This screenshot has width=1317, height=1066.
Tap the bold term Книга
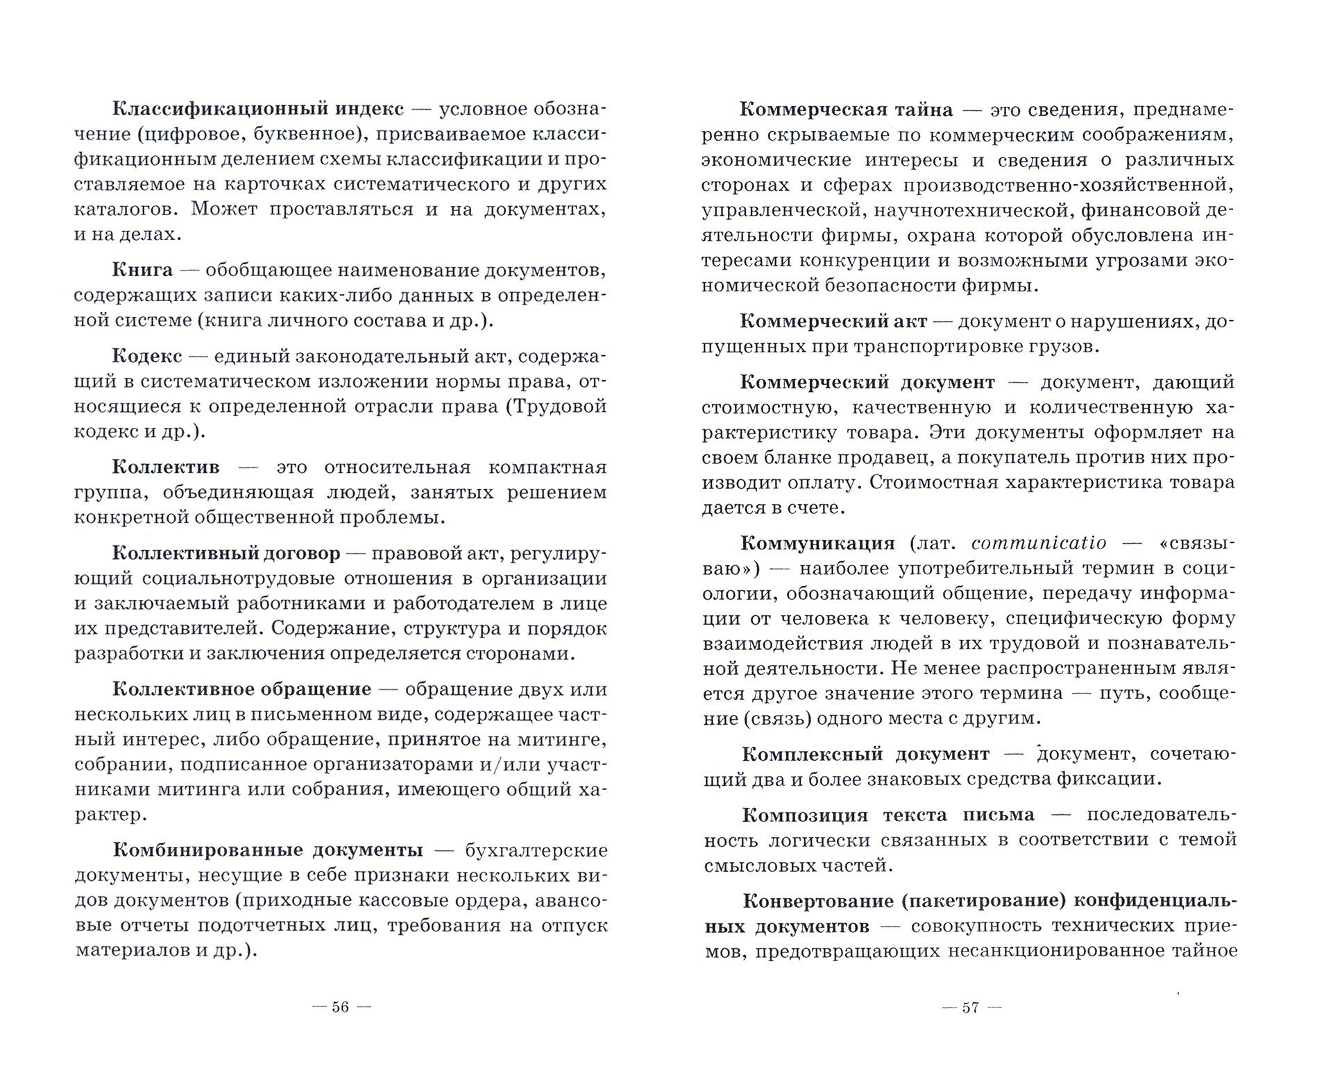142,270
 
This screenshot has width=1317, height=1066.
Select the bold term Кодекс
147,356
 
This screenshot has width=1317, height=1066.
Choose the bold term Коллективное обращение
241,689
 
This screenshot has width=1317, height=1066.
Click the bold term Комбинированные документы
267,850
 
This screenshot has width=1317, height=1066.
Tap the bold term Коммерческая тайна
847,110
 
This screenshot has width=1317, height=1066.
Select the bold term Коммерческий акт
834,322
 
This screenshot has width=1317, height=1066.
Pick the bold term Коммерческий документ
867,382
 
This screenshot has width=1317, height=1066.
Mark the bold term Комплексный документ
866,754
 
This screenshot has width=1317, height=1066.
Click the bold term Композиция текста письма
888,815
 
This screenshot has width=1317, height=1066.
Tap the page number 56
340,1007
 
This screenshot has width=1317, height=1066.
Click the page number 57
970,1007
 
